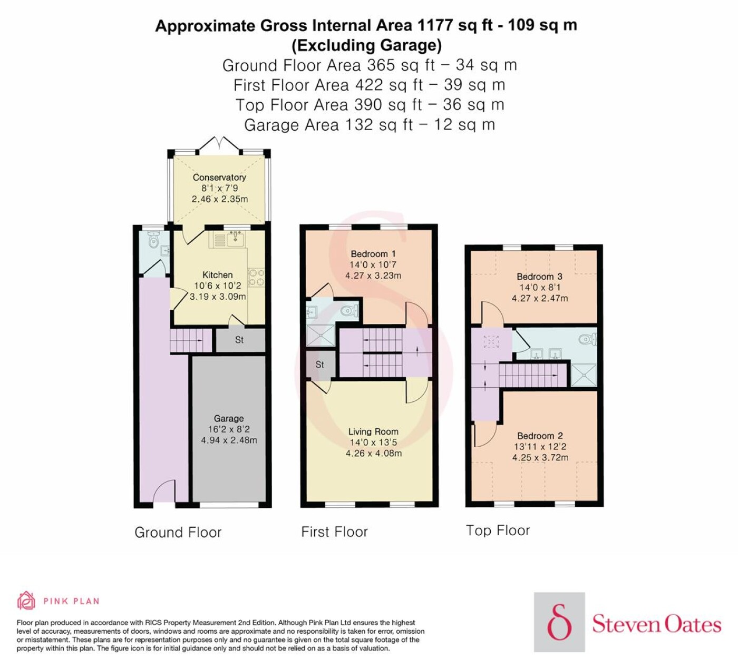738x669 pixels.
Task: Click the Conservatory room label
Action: click(219, 178)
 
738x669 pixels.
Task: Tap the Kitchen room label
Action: click(217, 275)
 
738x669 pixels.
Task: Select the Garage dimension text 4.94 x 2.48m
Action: click(229, 440)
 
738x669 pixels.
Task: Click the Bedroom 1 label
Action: click(373, 254)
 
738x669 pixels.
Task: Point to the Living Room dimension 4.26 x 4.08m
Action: click(373, 453)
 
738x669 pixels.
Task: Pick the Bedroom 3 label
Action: click(539, 277)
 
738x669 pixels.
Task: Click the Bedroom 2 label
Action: click(540, 436)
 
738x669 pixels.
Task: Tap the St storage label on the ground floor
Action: click(239, 340)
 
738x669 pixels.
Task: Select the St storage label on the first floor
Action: click(319, 365)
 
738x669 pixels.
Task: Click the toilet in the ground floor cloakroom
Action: click(153, 240)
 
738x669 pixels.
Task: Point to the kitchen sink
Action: click(235, 240)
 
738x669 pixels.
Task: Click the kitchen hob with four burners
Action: click(256, 277)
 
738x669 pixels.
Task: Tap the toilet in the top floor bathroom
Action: click(587, 339)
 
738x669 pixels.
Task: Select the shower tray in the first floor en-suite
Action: click(322, 335)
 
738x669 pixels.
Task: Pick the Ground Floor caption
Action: click(178, 533)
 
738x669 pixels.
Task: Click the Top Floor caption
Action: click(498, 530)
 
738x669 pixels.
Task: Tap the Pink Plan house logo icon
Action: click(26, 601)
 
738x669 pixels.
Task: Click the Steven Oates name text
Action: click(656, 625)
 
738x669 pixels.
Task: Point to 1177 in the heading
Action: click(435, 26)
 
